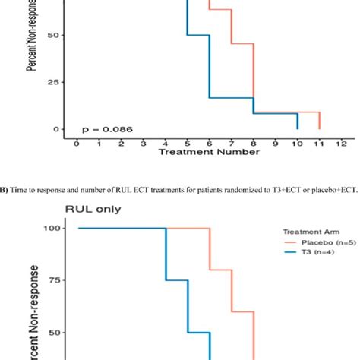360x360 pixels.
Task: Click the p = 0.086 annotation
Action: [x=108, y=129]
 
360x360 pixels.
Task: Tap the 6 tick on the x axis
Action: [x=209, y=141]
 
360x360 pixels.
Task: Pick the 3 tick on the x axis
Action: [x=142, y=141]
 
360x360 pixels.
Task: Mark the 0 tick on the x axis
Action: [x=75, y=141]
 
